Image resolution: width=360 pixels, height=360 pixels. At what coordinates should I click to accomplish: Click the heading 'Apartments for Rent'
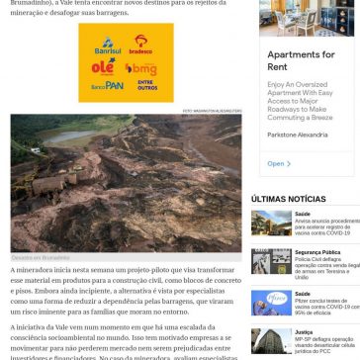301,61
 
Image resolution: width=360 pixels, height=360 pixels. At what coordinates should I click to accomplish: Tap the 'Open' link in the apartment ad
276,163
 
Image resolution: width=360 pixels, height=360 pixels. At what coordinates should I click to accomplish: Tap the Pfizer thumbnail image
271,302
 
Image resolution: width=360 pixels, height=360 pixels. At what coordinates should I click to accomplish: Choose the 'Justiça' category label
304,332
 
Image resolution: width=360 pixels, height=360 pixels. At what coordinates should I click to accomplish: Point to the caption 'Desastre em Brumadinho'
36,256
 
